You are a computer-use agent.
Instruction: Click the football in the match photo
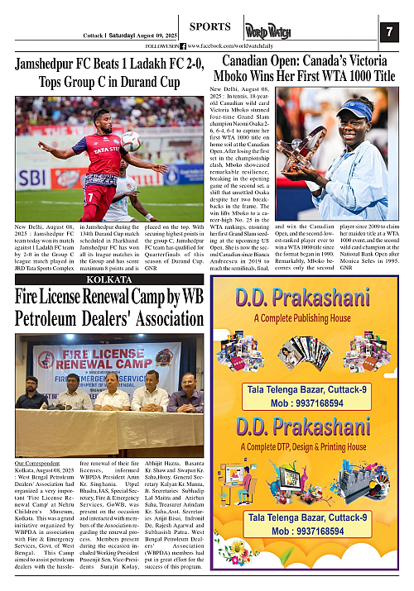pos(131,141)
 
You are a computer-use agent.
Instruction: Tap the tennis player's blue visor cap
pos(359,108)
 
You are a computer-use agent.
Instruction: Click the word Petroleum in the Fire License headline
pos(55,318)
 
